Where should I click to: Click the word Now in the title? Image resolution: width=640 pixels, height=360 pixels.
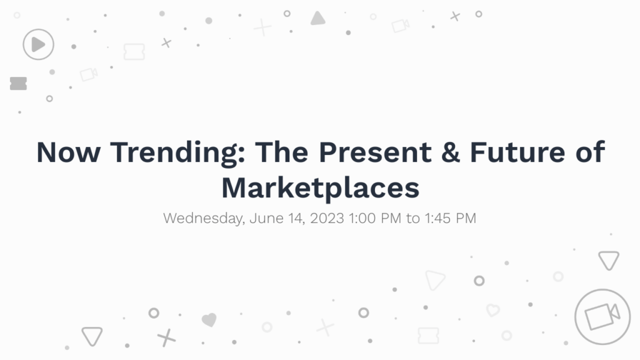pos(68,152)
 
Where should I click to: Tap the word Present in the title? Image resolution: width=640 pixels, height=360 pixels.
pos(375,152)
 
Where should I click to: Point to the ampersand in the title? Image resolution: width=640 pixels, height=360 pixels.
pos(450,152)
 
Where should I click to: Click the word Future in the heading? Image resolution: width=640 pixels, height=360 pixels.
pos(517,152)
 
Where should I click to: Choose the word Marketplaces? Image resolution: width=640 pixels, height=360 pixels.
pos(321,189)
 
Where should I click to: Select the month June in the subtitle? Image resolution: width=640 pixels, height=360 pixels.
pos(266,218)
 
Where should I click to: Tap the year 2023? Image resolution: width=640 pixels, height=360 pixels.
pos(327,218)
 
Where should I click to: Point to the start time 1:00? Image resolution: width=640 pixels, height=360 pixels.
pos(362,218)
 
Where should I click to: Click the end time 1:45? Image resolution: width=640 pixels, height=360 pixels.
pos(438,218)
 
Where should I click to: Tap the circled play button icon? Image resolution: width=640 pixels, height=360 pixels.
pos(38,44)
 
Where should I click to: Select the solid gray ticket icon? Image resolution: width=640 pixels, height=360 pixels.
pos(18,83)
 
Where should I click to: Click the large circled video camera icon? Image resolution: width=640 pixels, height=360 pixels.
pos(602,317)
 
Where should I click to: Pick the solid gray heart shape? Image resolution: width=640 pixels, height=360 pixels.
pos(209,319)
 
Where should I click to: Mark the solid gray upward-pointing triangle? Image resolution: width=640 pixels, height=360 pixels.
pos(317,18)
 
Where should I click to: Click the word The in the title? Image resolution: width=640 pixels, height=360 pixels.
pos(282,152)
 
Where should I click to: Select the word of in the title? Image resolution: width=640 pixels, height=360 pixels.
pos(590,152)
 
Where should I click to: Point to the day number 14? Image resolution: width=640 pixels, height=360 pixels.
pos(296,218)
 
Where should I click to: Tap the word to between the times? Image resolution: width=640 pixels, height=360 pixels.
pos(413,218)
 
